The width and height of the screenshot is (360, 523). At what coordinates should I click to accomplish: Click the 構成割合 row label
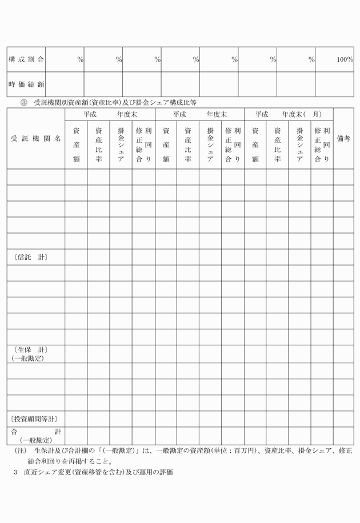click(27, 59)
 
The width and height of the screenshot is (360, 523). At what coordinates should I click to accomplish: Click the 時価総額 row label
click(27, 85)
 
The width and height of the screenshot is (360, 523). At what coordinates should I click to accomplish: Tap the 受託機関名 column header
click(36, 139)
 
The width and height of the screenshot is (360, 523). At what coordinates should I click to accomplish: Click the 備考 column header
click(343, 139)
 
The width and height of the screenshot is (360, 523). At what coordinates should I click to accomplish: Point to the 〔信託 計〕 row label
click(29, 257)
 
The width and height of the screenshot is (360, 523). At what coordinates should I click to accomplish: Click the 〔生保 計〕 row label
click(29, 349)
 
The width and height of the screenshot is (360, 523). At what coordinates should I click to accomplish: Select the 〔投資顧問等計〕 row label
click(34, 419)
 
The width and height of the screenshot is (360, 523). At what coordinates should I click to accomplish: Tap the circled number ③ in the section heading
click(24, 103)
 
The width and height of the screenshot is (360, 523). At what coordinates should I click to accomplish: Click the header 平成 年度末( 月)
click(289, 114)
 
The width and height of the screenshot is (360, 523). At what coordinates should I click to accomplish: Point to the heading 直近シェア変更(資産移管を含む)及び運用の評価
click(97, 473)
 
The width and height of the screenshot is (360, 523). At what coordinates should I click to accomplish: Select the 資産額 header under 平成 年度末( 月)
click(255, 145)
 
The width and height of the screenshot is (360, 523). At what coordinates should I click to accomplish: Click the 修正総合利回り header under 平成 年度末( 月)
click(322, 145)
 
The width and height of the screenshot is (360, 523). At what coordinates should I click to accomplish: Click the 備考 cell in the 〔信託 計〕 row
click(343, 257)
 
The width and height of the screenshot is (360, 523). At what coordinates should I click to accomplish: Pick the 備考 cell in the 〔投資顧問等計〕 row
click(343, 419)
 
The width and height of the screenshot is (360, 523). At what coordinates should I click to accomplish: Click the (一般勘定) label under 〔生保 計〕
click(28, 358)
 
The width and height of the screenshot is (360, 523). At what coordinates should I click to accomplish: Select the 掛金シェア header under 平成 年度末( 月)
click(299, 145)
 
